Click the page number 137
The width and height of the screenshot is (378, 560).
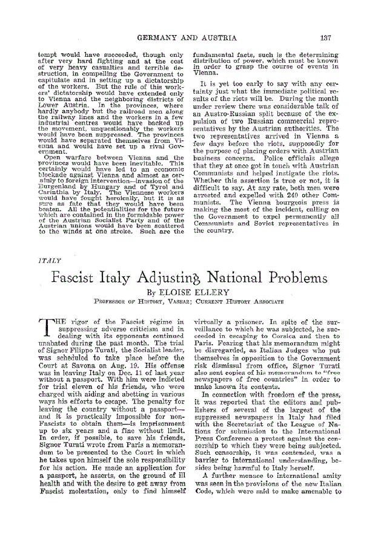coord(326,38)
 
